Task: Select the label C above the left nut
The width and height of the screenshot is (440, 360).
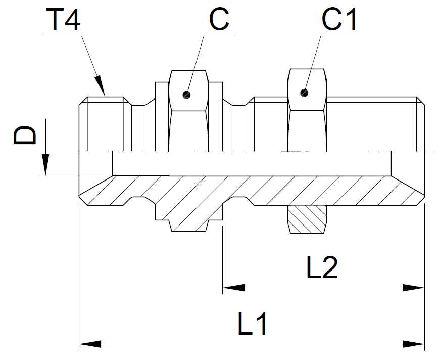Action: [x=219, y=20]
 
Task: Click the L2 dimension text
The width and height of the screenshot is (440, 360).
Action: [x=322, y=268]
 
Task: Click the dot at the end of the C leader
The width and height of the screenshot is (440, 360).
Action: [x=187, y=95]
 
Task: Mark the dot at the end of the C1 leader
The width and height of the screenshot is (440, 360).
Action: [x=304, y=92]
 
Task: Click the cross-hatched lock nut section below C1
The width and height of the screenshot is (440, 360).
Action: [x=307, y=219]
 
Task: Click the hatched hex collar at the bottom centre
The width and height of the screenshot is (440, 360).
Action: [x=188, y=212]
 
